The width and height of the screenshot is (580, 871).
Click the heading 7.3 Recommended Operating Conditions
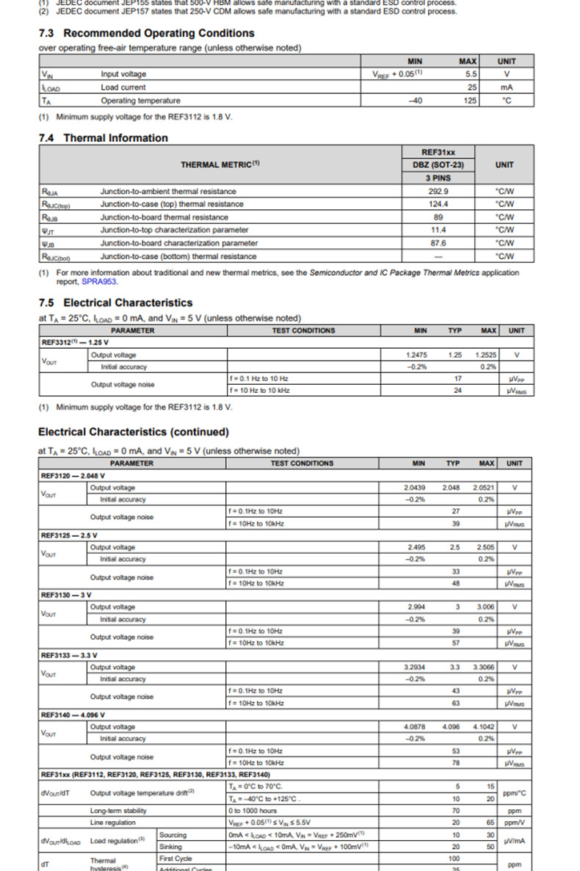[x=146, y=33]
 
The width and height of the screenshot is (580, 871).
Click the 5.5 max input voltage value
[x=471, y=74]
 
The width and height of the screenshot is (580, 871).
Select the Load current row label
[x=123, y=87]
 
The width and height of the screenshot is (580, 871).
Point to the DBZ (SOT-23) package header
[x=438, y=165]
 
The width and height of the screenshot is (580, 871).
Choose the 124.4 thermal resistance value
[x=438, y=204]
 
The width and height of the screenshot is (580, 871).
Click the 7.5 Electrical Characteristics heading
[x=115, y=303]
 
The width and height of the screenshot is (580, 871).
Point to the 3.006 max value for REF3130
[x=485, y=607]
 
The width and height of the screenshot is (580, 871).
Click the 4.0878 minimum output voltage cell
[x=415, y=726]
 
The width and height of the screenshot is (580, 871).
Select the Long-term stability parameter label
[x=118, y=810]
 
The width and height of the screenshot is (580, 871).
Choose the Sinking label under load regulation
[x=170, y=846]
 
